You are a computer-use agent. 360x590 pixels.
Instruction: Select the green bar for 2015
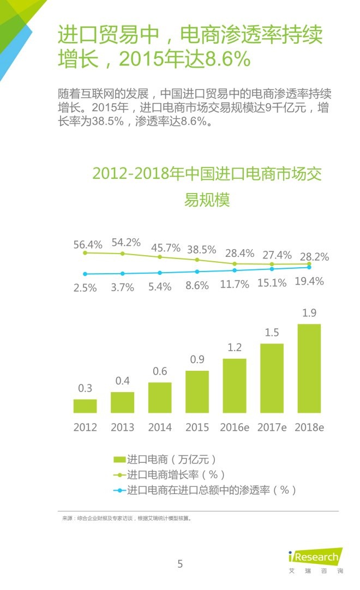click(x=197, y=392)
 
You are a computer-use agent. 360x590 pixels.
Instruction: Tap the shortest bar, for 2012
click(x=85, y=406)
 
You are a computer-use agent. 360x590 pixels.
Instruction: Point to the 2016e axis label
click(x=235, y=428)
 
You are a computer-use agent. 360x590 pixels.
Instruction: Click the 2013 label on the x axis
click(x=122, y=428)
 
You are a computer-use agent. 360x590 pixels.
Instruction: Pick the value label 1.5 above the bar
click(x=272, y=333)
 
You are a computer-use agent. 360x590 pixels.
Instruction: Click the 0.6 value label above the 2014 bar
click(x=160, y=371)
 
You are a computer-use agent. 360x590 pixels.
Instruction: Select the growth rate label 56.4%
click(x=88, y=245)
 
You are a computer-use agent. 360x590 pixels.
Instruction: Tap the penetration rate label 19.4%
click(x=309, y=281)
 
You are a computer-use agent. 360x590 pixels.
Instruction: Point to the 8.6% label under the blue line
click(x=197, y=285)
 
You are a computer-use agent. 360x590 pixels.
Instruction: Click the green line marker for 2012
click(x=85, y=253)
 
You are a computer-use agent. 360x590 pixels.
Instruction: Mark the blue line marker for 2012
click(x=85, y=274)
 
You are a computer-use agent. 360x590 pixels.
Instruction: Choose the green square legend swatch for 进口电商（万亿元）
click(x=119, y=459)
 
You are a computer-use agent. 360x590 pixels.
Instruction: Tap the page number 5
click(x=180, y=564)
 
